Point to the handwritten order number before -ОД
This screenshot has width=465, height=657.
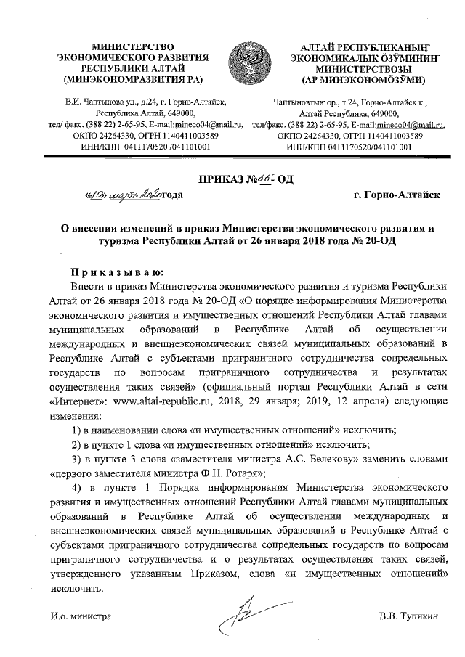click(x=267, y=176)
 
